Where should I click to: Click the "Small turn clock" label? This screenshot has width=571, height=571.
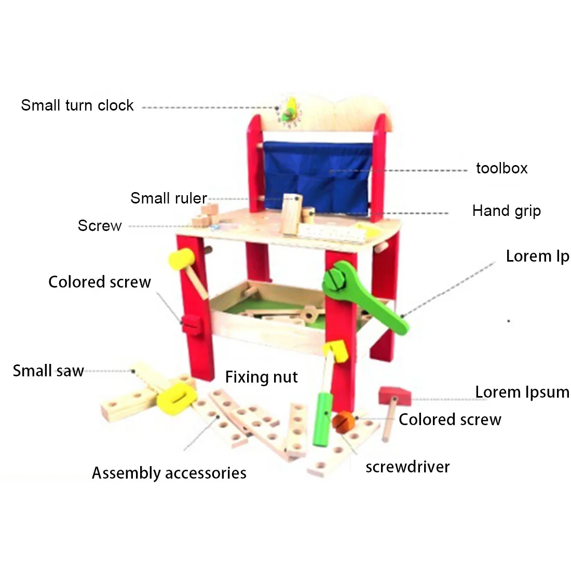tap(77, 105)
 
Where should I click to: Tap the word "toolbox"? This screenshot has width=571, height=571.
tap(502, 168)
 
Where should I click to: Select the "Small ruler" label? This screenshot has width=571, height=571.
tap(169, 198)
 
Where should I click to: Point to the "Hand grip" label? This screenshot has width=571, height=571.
tap(507, 211)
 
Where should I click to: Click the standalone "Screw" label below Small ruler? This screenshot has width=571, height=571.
tap(100, 226)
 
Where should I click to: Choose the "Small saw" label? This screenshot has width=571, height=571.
tap(48, 371)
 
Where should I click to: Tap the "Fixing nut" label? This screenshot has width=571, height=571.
tap(262, 377)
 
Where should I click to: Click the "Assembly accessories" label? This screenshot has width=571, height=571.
tap(169, 473)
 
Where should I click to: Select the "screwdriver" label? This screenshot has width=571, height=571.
tap(407, 467)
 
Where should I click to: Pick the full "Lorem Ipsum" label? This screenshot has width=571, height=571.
tap(523, 392)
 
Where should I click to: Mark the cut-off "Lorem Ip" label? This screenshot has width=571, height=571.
tap(538, 256)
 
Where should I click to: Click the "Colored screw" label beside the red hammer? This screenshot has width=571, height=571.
tap(450, 419)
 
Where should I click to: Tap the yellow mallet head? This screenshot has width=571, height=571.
tap(181, 259)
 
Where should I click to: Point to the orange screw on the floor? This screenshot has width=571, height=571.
tap(344, 422)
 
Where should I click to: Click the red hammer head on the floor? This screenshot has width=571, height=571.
tap(395, 396)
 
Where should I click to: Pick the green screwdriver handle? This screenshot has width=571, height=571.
tap(323, 419)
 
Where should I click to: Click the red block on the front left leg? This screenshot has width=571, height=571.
tap(191, 324)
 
